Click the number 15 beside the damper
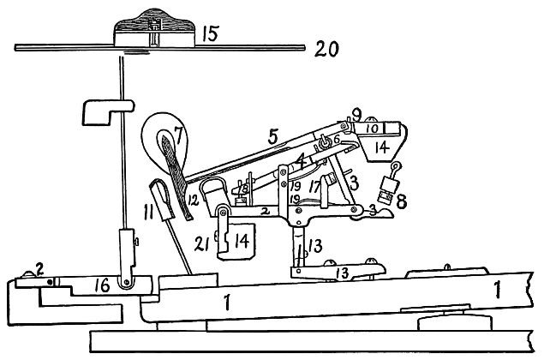tap(212, 34)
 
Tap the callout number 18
tap(245, 186)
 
